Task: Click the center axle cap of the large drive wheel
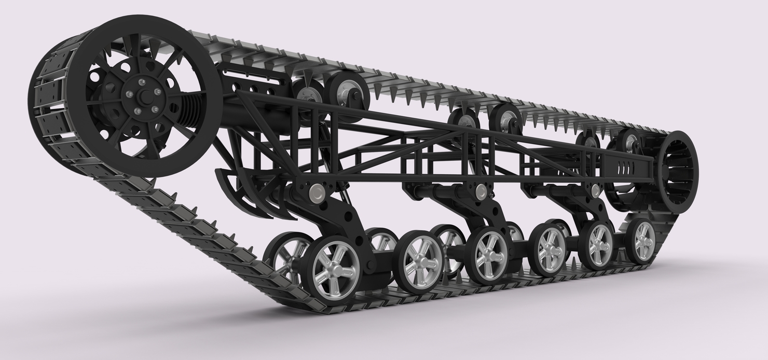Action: [144, 95]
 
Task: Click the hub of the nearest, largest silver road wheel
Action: [332, 268]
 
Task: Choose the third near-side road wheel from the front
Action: [488, 254]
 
